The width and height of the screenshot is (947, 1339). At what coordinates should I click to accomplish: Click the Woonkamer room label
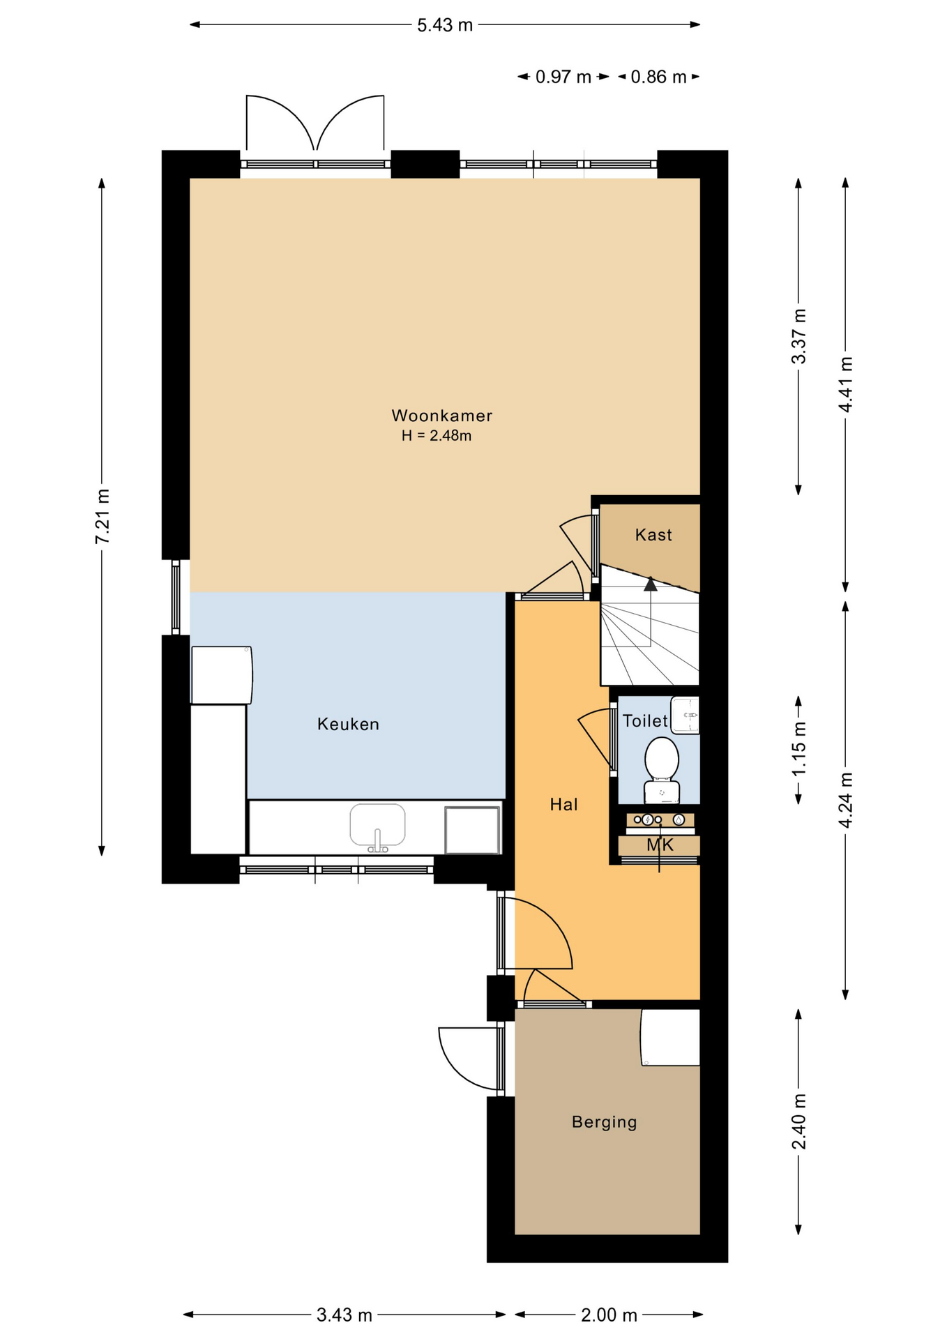click(442, 416)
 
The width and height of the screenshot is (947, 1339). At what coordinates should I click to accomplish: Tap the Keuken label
click(348, 724)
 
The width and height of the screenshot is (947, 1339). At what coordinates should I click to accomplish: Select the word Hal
click(563, 804)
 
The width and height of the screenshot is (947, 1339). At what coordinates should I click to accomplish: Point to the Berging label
click(604, 1122)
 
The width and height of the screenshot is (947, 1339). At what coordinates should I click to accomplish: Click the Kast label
click(653, 535)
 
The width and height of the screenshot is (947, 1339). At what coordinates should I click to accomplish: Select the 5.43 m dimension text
click(445, 26)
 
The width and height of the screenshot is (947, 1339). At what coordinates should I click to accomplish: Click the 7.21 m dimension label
click(103, 517)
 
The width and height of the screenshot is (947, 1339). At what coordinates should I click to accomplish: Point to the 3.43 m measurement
click(344, 1315)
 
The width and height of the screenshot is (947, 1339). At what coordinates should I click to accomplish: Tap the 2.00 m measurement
click(609, 1315)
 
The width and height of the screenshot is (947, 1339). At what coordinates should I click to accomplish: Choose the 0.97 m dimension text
click(563, 77)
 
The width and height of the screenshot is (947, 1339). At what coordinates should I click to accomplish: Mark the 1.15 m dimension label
click(799, 748)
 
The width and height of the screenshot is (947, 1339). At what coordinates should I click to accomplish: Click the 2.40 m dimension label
click(799, 1121)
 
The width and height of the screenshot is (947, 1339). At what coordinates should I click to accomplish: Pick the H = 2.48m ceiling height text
click(437, 436)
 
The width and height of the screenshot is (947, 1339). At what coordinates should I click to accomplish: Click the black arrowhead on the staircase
click(651, 584)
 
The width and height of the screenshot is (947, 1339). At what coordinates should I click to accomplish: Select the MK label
click(660, 845)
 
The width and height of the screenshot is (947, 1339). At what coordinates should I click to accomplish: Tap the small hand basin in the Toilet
click(685, 715)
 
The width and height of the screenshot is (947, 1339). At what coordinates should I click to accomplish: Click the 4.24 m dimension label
click(846, 801)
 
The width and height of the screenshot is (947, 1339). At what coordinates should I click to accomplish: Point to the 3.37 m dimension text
click(799, 336)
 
